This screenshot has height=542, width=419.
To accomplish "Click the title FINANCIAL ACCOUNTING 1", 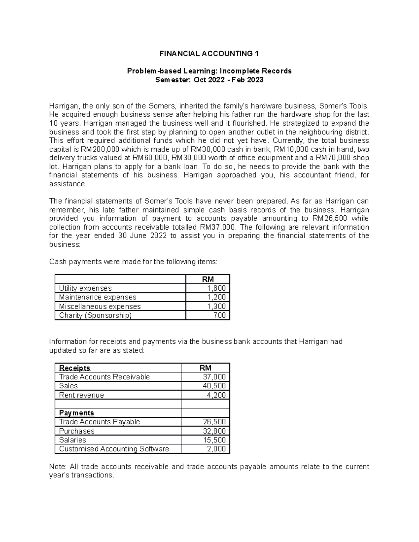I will [209, 54].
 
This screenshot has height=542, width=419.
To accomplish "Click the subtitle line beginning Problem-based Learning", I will [209, 71].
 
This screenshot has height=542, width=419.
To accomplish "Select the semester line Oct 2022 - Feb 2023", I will [209, 80].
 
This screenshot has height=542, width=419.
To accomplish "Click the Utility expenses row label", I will [85, 288].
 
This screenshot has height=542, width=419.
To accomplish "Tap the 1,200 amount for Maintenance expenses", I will [216, 297].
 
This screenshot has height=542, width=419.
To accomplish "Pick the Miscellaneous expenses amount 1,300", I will [216, 306].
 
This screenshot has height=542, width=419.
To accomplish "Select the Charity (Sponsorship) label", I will [95, 315].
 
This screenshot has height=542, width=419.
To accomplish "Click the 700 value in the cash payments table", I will [220, 315].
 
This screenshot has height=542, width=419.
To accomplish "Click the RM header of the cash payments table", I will [208, 279].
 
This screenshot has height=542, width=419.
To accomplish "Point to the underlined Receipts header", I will [75, 368].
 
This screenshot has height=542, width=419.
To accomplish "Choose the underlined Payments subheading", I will [76, 413].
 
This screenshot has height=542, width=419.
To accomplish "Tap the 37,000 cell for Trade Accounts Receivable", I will [214, 377].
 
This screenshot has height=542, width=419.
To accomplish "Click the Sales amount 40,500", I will [214, 386].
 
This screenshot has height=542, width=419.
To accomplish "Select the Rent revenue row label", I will [81, 395].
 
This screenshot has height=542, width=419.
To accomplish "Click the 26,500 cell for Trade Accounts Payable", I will [214, 422].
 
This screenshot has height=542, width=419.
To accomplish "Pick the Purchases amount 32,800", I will [214, 431].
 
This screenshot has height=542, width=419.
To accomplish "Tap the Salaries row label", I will [73, 440].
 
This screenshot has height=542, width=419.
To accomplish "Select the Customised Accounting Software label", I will [114, 449].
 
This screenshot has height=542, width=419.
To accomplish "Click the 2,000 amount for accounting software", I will [216, 449].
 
